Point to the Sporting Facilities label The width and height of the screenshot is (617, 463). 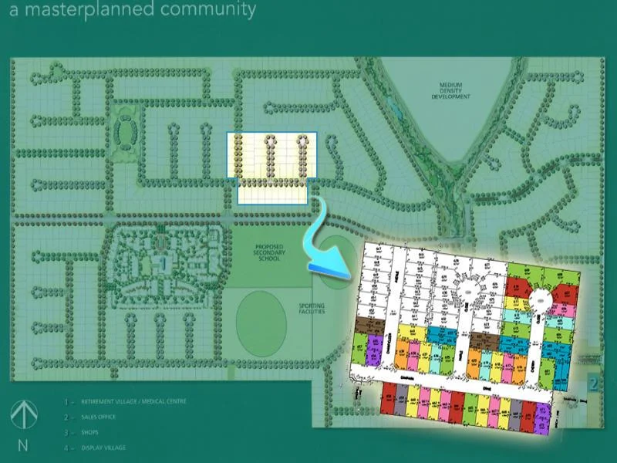pyautogui.click(x=312, y=309)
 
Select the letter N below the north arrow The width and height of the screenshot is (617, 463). pyautogui.click(x=22, y=445)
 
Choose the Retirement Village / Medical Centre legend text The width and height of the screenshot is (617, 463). pyautogui.click(x=133, y=401)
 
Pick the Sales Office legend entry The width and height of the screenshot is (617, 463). pyautogui.click(x=100, y=417)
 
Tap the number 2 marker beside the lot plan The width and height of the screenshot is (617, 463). pyautogui.click(x=592, y=381)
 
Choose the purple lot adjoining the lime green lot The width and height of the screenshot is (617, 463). pyautogui.click(x=376, y=345)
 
